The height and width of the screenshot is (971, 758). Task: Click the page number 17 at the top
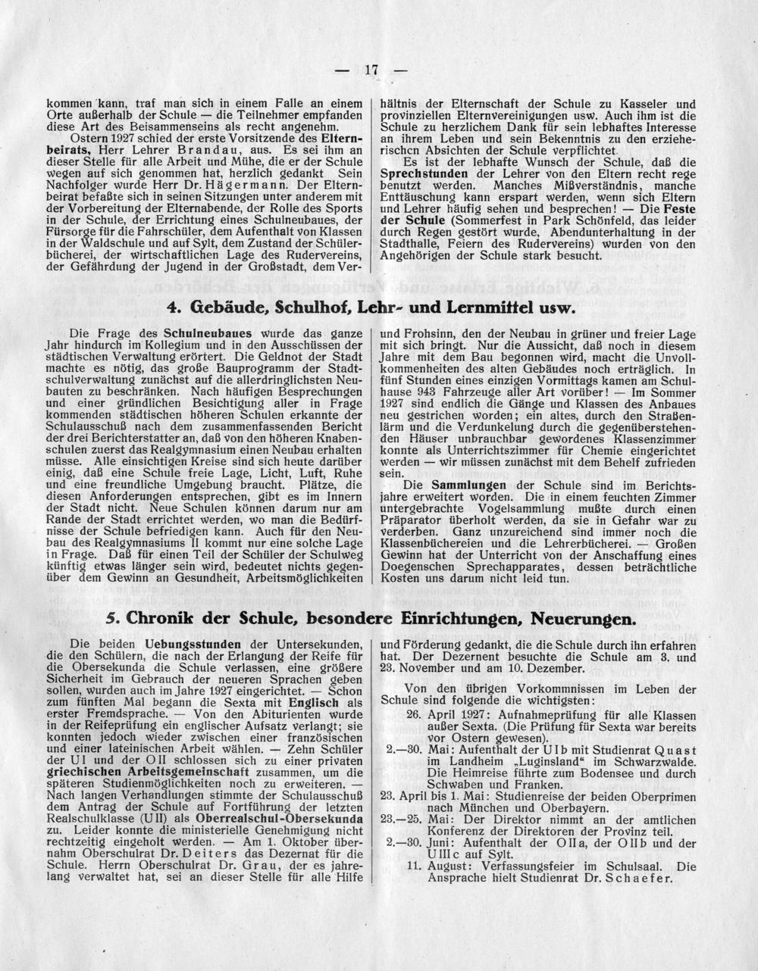tap(371, 70)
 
